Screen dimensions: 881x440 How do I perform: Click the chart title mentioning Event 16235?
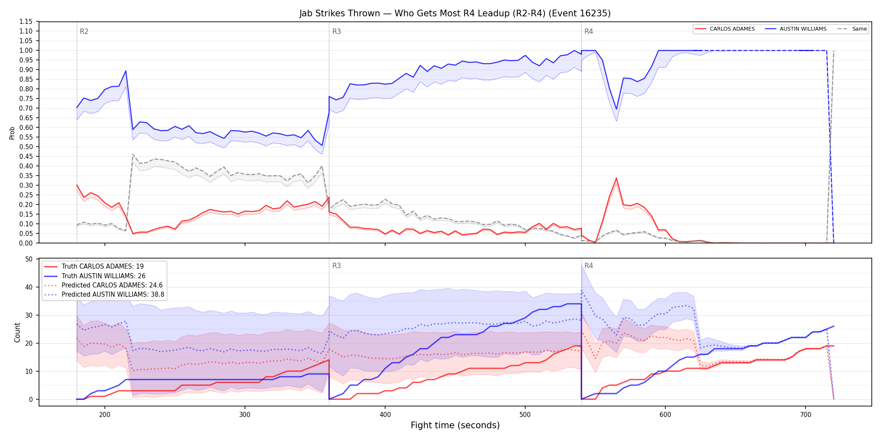[455, 13]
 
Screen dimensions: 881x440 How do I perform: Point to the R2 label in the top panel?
[84, 31]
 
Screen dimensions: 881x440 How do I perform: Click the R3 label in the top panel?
[336, 31]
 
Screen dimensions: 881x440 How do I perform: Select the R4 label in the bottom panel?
[589, 266]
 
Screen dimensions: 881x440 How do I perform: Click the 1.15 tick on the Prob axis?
[26, 22]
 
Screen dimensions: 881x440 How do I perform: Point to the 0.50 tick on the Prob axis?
[26, 147]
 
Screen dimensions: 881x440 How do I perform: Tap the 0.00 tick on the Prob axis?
[26, 243]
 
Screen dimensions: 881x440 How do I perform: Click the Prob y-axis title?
[12, 133]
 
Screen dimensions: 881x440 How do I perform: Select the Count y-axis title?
[17, 332]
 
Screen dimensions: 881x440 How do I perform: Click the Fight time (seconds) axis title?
[455, 425]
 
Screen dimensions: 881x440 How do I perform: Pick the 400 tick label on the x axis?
[385, 415]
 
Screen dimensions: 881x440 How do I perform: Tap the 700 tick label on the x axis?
[805, 415]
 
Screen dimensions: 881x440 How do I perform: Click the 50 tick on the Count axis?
[29, 259]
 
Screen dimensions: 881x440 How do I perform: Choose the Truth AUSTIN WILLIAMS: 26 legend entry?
[103, 276]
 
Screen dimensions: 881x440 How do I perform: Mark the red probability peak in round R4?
[616, 178]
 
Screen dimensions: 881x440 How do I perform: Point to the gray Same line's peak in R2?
[133, 154]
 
